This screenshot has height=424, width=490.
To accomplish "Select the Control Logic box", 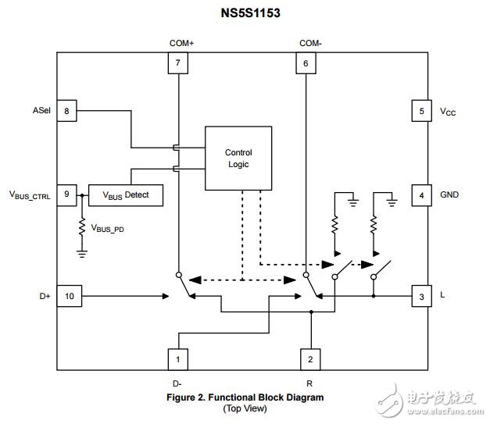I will point(238,158).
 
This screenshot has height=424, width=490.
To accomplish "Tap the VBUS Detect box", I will point(125,194).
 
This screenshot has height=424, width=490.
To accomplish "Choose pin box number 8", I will point(66,112).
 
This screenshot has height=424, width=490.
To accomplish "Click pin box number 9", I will point(66,194).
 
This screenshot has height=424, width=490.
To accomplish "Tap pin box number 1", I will point(179,360).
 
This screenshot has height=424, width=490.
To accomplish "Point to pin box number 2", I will point(311,360).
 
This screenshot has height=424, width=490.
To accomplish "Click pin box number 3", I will point(422,297).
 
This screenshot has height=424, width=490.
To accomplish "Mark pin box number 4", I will point(422,194).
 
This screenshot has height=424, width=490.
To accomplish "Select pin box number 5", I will point(422,112).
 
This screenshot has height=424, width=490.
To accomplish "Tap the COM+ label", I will point(181,42).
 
